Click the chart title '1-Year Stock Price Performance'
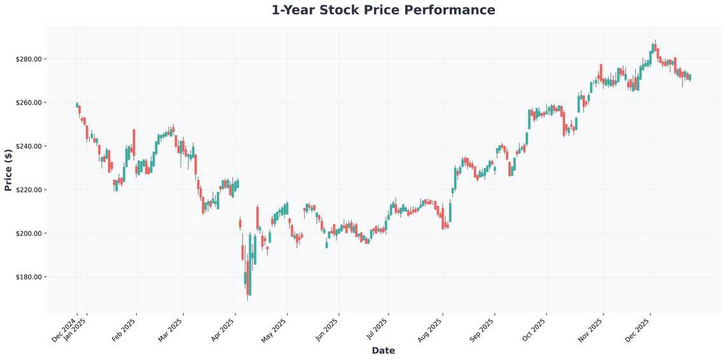[383, 10]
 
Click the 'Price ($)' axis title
[8, 170]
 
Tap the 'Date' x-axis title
[383, 350]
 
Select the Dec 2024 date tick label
[65, 330]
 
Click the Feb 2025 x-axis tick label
[125, 330]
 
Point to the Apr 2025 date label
[223, 330]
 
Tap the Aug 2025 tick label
[431, 330]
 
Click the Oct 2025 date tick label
[534, 330]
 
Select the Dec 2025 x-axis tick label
[639, 330]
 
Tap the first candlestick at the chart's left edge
[77, 105]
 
